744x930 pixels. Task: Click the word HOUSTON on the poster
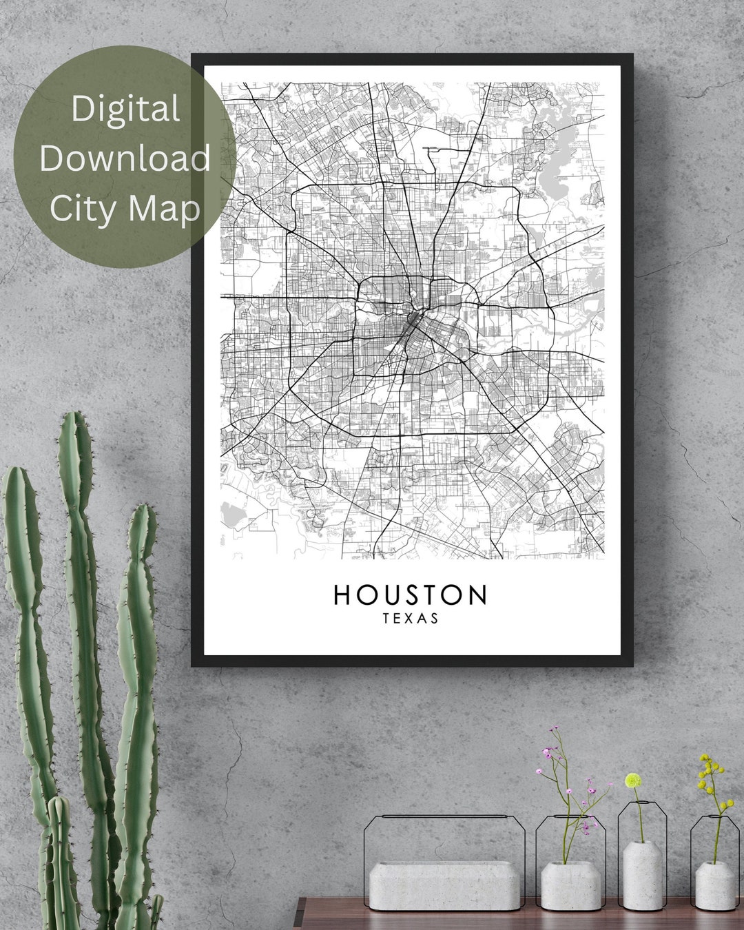pyautogui.click(x=411, y=595)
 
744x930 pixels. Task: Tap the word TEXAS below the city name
pyautogui.click(x=411, y=619)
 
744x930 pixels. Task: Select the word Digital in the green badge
pyautogui.click(x=125, y=109)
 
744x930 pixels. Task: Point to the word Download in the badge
pyautogui.click(x=125, y=158)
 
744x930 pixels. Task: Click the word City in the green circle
pyautogui.click(x=81, y=207)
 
